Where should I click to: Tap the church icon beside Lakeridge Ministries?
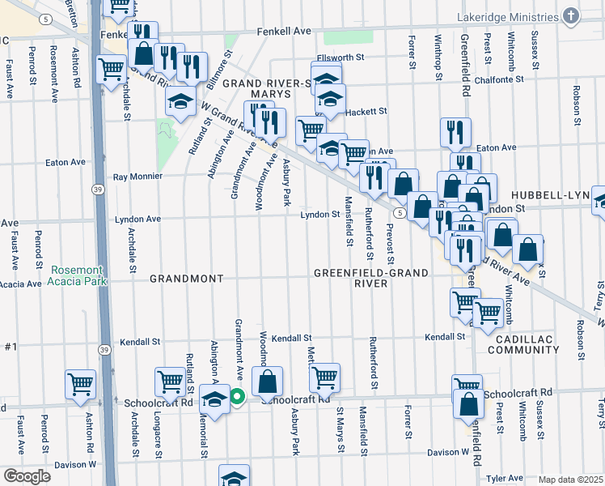571,16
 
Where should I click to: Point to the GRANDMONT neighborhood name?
186,279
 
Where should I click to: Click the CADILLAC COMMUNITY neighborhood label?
527,343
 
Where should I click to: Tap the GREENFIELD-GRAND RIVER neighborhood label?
371,279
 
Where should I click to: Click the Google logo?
27,476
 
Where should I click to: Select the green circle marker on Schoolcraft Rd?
237,396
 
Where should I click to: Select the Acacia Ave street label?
20,284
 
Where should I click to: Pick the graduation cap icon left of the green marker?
214,400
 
